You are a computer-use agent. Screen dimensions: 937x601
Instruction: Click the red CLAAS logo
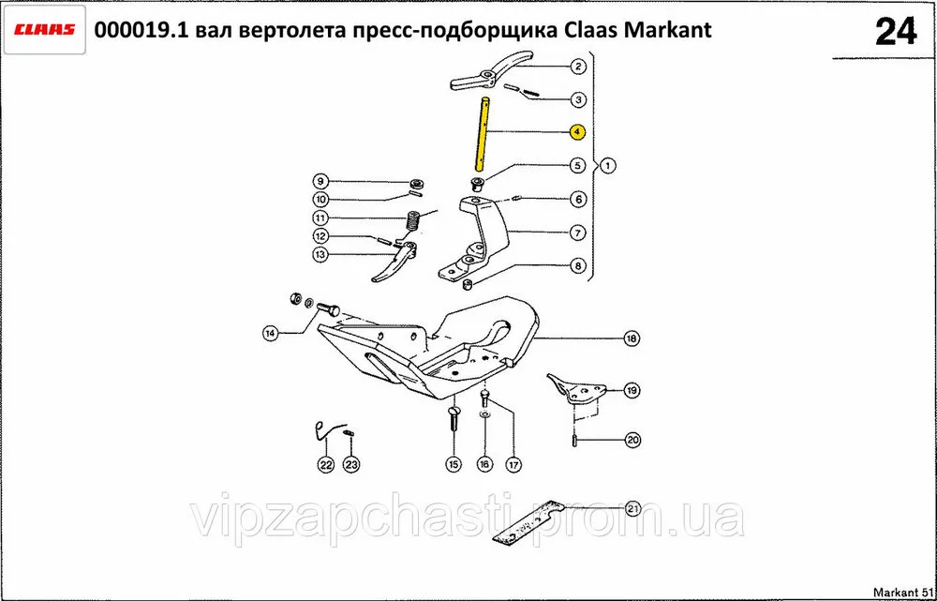[45, 30]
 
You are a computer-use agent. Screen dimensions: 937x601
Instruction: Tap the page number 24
[895, 32]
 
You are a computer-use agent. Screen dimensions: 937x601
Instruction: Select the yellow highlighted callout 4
[577, 131]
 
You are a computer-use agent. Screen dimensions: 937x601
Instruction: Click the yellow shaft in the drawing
[483, 135]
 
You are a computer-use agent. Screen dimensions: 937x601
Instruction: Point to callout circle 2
[578, 67]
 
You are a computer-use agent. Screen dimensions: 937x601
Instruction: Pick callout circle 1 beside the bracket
[607, 165]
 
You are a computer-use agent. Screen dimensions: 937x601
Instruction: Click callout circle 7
[577, 232]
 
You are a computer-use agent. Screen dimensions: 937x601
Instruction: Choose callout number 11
[320, 218]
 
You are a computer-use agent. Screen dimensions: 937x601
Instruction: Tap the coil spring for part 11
[412, 221]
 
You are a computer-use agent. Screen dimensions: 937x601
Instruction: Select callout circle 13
[320, 254]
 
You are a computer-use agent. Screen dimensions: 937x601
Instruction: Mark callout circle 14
[272, 333]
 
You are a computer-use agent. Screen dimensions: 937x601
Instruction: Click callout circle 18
[632, 338]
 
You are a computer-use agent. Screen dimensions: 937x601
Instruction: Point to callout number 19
[632, 391]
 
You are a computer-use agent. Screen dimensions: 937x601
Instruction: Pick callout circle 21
[632, 509]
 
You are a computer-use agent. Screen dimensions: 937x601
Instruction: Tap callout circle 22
[325, 464]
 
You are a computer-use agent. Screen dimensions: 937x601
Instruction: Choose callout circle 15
[454, 464]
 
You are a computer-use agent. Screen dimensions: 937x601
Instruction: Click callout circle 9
[320, 181]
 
